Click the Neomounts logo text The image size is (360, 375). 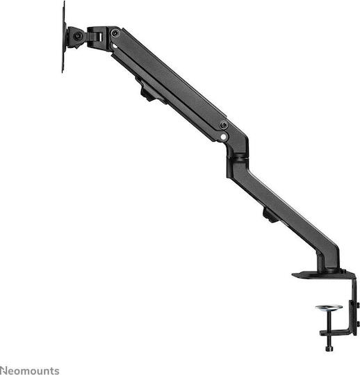tap(30, 370)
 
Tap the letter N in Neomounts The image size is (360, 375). tap(3, 370)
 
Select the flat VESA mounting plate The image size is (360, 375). tap(63, 36)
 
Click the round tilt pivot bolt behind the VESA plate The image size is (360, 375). tap(78, 35)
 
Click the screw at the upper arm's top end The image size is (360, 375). tap(115, 33)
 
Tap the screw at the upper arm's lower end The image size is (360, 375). tap(223, 125)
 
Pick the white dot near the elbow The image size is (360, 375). tap(223, 137)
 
